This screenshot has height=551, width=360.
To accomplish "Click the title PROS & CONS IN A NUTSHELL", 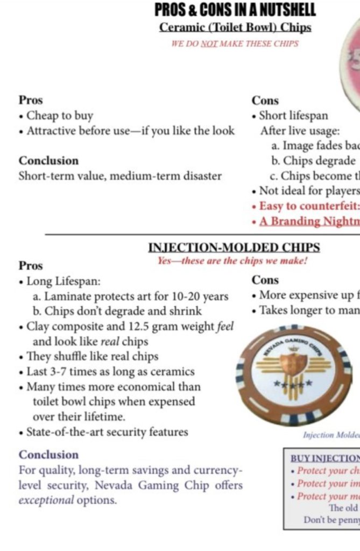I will tap(235, 10).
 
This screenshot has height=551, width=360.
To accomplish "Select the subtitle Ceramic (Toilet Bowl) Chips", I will tap(235, 27).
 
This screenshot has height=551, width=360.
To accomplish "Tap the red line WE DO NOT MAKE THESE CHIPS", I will tap(235, 44).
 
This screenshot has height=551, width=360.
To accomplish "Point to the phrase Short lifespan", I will tap(293, 116).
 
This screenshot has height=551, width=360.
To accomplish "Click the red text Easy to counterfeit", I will tap(309, 206).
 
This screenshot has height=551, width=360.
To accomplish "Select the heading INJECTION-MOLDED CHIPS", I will tap(234, 248).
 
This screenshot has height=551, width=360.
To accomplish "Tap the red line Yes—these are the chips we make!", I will tap(232, 261).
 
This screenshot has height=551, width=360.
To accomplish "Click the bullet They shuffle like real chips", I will tap(92, 357).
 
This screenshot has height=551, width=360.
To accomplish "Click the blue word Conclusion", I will tap(48, 455).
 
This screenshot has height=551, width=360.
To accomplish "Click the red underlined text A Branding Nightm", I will tap(309, 221).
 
